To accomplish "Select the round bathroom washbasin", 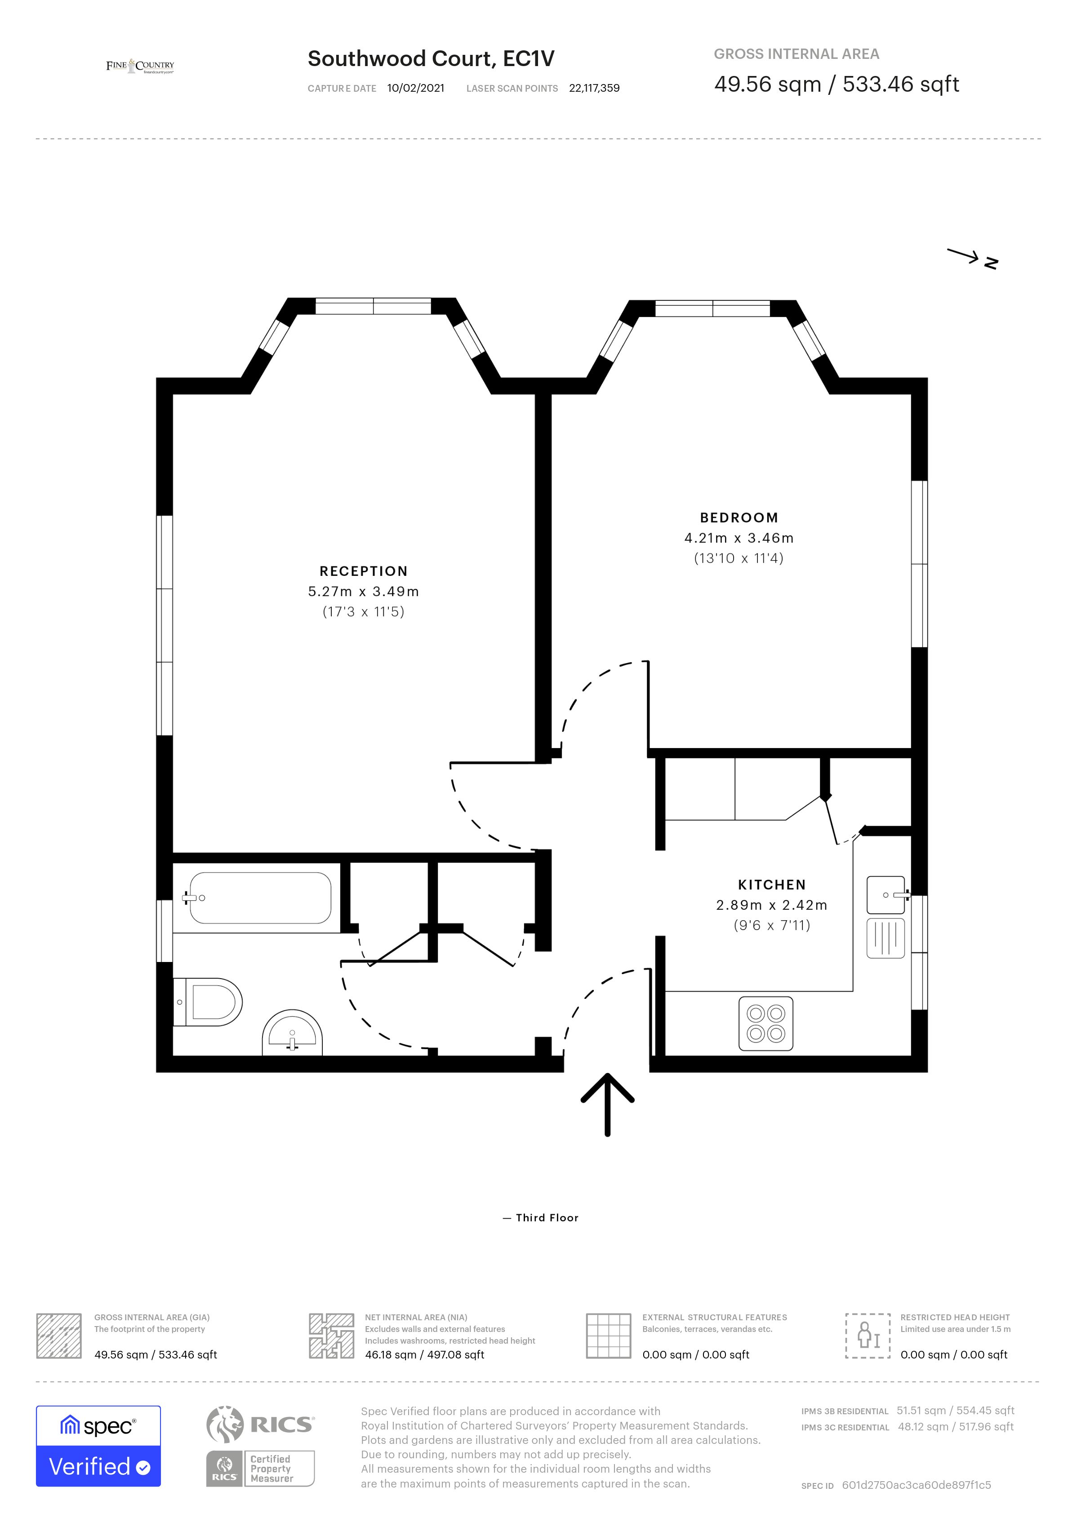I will coord(293,1034).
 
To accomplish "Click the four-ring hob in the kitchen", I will coord(765,1024).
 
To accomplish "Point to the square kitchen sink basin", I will coord(886,895).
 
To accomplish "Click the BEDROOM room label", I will coord(739,517).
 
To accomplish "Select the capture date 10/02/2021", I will coord(416,88).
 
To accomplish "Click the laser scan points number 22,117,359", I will coord(594,88).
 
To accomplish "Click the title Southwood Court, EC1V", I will coord(431,58).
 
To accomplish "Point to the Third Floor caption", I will coord(547,1218).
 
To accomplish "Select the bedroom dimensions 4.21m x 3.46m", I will coord(739,538).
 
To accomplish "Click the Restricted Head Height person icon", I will coord(868,1335).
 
